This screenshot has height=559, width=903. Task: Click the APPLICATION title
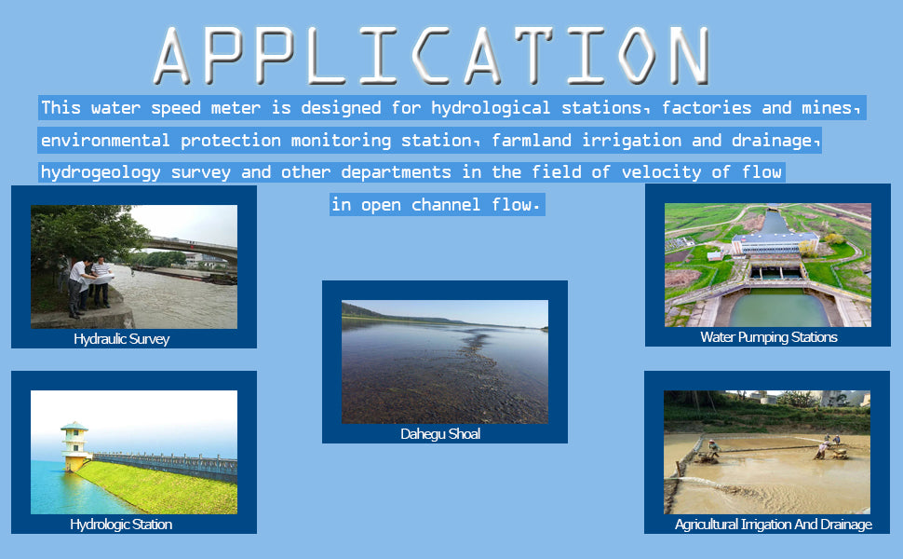click(x=432, y=56)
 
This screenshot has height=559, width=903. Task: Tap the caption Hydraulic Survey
click(x=122, y=339)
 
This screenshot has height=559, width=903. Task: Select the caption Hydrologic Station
click(x=121, y=525)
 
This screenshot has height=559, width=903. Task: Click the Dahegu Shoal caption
click(x=440, y=434)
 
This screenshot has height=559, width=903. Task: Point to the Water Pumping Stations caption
click(x=768, y=337)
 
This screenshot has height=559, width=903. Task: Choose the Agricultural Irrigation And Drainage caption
click(x=773, y=525)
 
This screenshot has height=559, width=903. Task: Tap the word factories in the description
click(x=706, y=108)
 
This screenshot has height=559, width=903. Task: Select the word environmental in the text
click(x=105, y=141)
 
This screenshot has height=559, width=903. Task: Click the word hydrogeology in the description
click(x=101, y=173)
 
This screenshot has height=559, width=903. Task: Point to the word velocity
click(x=661, y=173)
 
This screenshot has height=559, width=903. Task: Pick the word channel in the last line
click(x=446, y=205)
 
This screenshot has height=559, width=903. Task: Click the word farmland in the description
click(x=531, y=141)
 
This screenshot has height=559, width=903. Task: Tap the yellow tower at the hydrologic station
click(x=74, y=446)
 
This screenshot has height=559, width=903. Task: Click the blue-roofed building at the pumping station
click(x=775, y=243)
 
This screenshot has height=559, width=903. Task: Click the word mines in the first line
click(x=827, y=108)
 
